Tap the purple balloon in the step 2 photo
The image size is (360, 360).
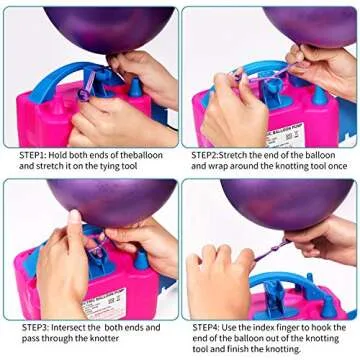tap(310, 24)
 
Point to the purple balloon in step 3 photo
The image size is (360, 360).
tap(100, 200)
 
